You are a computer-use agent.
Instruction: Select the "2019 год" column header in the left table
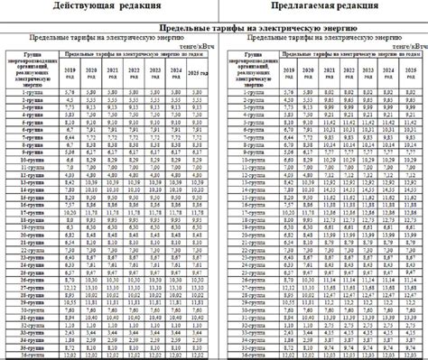(x=69, y=71)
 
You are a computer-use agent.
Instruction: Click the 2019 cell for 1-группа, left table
(x=69, y=91)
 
